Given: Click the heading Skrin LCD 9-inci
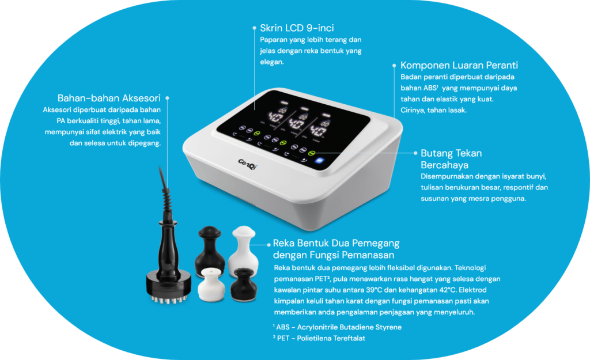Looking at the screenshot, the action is point(297,28).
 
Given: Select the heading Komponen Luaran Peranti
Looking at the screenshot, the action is point(459,65).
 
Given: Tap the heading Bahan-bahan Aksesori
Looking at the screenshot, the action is point(109,98).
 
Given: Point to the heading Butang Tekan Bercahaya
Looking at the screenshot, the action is point(451,159).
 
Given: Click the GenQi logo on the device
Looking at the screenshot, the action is point(247,164).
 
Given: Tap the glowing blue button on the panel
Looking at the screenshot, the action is point(319,161).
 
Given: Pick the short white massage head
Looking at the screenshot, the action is point(211,284).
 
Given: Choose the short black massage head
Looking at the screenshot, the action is point(244,284).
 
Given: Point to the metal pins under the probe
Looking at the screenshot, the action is point(169,300).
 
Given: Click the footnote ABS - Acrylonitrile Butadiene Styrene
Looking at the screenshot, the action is point(337,327).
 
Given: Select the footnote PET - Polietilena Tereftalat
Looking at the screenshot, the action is point(319,338).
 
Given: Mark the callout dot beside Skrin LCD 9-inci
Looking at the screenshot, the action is point(254,28).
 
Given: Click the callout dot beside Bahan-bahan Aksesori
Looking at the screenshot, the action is point(167,98).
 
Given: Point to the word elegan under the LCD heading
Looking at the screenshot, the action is point(272,62).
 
